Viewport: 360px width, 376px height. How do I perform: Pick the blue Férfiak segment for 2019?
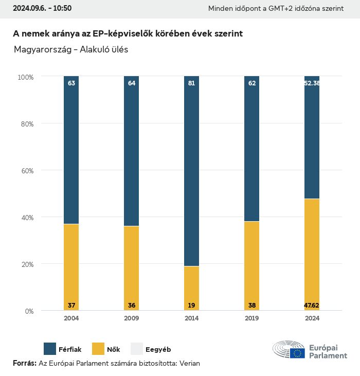(251, 149)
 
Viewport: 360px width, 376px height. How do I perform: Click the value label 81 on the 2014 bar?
(191, 83)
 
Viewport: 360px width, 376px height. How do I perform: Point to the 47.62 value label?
(312, 306)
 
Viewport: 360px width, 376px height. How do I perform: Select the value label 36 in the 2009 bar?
(132, 306)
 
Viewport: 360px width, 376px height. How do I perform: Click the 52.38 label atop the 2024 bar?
(312, 83)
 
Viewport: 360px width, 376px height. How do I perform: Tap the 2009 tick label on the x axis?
(132, 318)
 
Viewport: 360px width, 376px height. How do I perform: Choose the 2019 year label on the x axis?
(251, 318)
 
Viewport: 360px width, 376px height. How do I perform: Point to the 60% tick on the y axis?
(26, 170)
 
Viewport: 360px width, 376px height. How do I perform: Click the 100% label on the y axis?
(25, 77)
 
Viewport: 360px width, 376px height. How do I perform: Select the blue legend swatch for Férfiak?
(50, 349)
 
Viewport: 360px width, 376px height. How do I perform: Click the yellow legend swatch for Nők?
(98, 349)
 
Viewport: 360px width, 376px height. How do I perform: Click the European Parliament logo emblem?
(289, 350)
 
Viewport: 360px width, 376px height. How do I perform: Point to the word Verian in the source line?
(188, 363)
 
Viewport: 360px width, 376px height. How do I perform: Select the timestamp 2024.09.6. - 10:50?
(42, 8)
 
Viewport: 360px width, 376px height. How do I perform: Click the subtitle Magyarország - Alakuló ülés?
(71, 50)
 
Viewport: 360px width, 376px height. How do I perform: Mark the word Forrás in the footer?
(24, 363)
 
